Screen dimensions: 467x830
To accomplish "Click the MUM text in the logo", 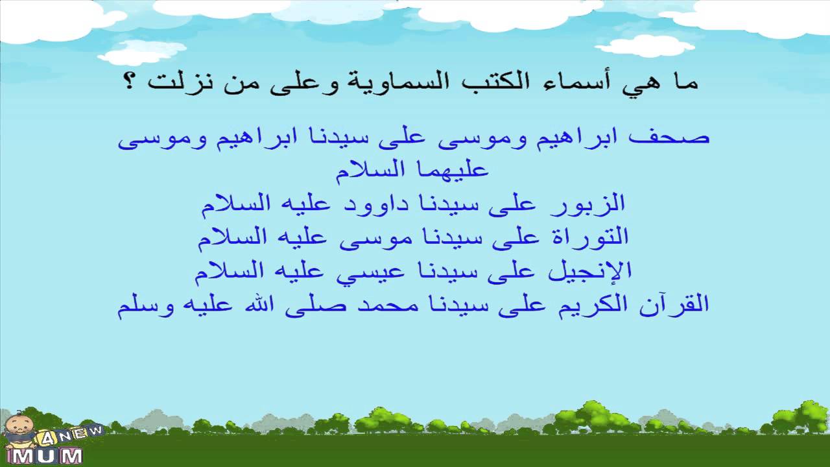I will pos(48,455).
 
